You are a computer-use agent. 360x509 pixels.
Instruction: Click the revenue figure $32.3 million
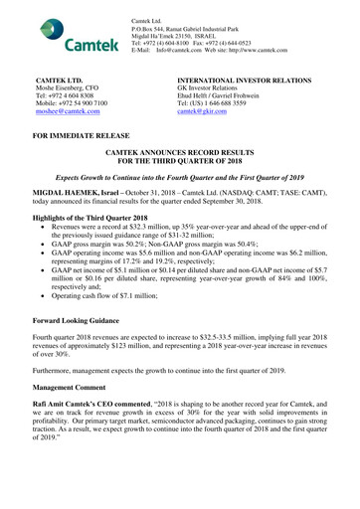(148, 227)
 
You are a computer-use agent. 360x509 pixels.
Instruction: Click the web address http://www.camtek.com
(245, 49)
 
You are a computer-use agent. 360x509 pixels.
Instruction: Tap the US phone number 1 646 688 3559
(230, 105)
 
